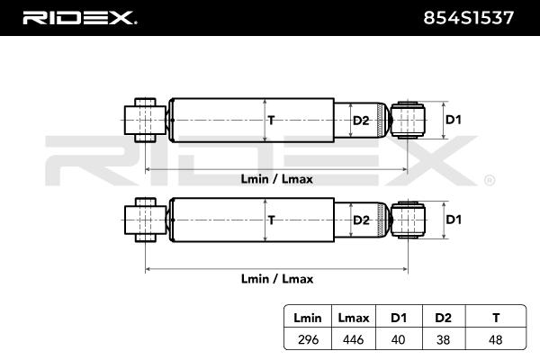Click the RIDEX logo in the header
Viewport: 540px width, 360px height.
(x=78, y=16)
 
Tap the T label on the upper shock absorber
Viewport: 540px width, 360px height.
(x=270, y=120)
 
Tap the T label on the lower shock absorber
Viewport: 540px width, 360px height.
(x=270, y=219)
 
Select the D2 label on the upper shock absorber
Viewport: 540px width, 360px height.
(x=360, y=120)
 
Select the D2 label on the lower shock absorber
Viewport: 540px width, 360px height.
(x=360, y=219)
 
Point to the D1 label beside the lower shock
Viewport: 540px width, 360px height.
(x=454, y=219)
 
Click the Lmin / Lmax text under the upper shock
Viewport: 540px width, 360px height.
(x=277, y=178)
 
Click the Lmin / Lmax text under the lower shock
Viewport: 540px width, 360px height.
(x=277, y=278)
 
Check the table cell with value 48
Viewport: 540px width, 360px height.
(x=494, y=339)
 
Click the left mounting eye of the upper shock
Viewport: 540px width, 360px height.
(x=141, y=119)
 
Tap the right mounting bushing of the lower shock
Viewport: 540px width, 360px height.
(x=411, y=219)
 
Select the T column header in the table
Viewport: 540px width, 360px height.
(x=494, y=317)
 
